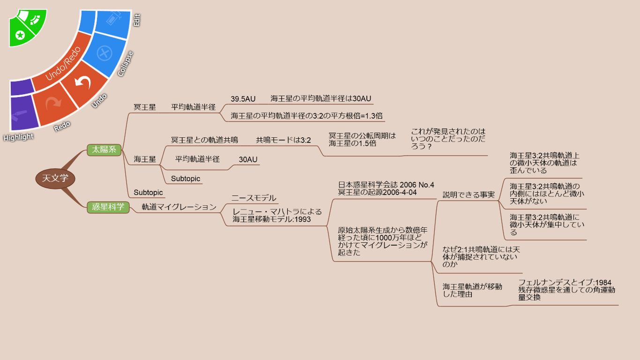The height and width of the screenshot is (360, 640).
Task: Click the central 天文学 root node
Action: pyautogui.click(x=55, y=179)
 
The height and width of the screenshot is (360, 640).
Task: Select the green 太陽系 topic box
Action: pyautogui.click(x=104, y=150)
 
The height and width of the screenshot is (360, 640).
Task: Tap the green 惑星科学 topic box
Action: pyautogui.click(x=108, y=207)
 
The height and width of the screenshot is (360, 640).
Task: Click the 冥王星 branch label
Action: pyautogui.click(x=145, y=107)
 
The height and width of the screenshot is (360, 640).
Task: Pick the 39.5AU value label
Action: pyautogui.click(x=243, y=99)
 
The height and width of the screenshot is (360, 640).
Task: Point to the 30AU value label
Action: pyautogui.click(x=248, y=159)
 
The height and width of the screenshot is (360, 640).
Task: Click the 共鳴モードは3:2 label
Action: pyautogui.click(x=283, y=140)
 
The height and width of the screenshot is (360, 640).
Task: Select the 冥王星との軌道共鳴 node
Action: pyautogui.click(x=205, y=140)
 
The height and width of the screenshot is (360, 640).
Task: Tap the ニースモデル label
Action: pyautogui.click(x=254, y=198)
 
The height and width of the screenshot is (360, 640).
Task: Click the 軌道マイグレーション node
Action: pyautogui.click(x=179, y=207)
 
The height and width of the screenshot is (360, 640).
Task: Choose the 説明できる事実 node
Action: pyautogui.click(x=469, y=195)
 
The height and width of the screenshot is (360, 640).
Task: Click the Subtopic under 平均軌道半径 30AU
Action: pyautogui.click(x=186, y=179)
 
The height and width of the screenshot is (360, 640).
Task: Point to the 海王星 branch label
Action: pyautogui.click(x=145, y=159)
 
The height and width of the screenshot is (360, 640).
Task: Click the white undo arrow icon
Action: pyautogui.click(x=83, y=82)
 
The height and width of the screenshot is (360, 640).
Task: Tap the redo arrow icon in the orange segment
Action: pyautogui.click(x=54, y=102)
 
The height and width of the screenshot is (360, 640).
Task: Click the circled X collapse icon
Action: pyautogui.click(x=104, y=53)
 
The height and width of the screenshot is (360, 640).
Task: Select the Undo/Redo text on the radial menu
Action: pyautogui.click(x=63, y=63)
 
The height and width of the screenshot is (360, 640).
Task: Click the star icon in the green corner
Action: pyautogui.click(x=20, y=35)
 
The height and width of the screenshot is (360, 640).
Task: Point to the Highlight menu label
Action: pyautogui.click(x=18, y=137)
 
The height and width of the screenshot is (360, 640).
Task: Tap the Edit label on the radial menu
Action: pyautogui.click(x=137, y=20)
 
